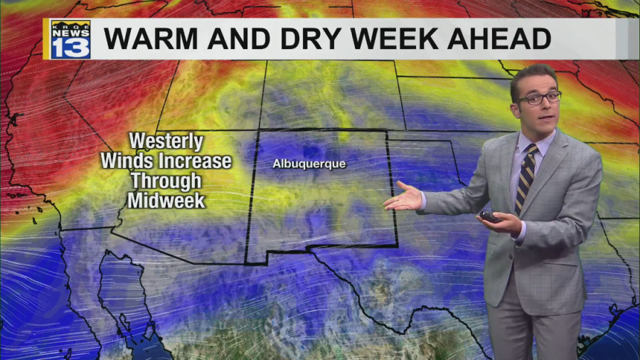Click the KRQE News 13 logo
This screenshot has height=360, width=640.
tap(70, 38)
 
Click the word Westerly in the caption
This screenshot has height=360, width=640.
tap(166, 141)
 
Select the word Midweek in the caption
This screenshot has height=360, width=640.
tap(167, 201)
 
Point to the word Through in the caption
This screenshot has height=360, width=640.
tap(166, 181)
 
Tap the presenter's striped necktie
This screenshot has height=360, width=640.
tap(526, 178)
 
